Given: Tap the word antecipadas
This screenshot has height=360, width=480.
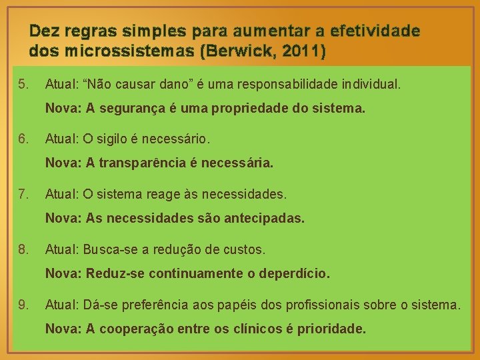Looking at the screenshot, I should point(266,218).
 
